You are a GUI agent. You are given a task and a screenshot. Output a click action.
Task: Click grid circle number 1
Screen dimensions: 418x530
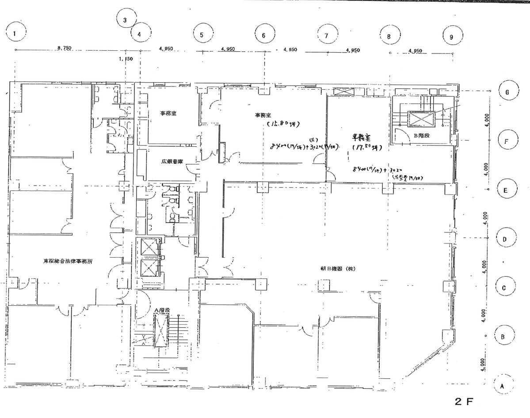(x=16, y=33)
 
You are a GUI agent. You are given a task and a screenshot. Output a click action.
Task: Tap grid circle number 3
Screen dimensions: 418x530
(x=125, y=20)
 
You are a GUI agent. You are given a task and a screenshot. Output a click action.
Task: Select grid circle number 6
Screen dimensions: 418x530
(x=264, y=35)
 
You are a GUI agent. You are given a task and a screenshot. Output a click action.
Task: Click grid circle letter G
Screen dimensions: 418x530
(x=507, y=92)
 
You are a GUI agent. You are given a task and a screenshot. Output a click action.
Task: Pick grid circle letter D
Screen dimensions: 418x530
(x=505, y=239)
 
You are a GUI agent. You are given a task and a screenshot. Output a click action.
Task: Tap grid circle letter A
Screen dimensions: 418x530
(x=502, y=385)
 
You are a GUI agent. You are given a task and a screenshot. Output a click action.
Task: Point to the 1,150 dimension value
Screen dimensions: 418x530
(x=126, y=58)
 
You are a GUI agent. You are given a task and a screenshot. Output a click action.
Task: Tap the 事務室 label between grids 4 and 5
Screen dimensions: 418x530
(x=169, y=113)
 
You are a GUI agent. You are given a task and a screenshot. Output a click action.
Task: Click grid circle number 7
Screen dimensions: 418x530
(x=326, y=36)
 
